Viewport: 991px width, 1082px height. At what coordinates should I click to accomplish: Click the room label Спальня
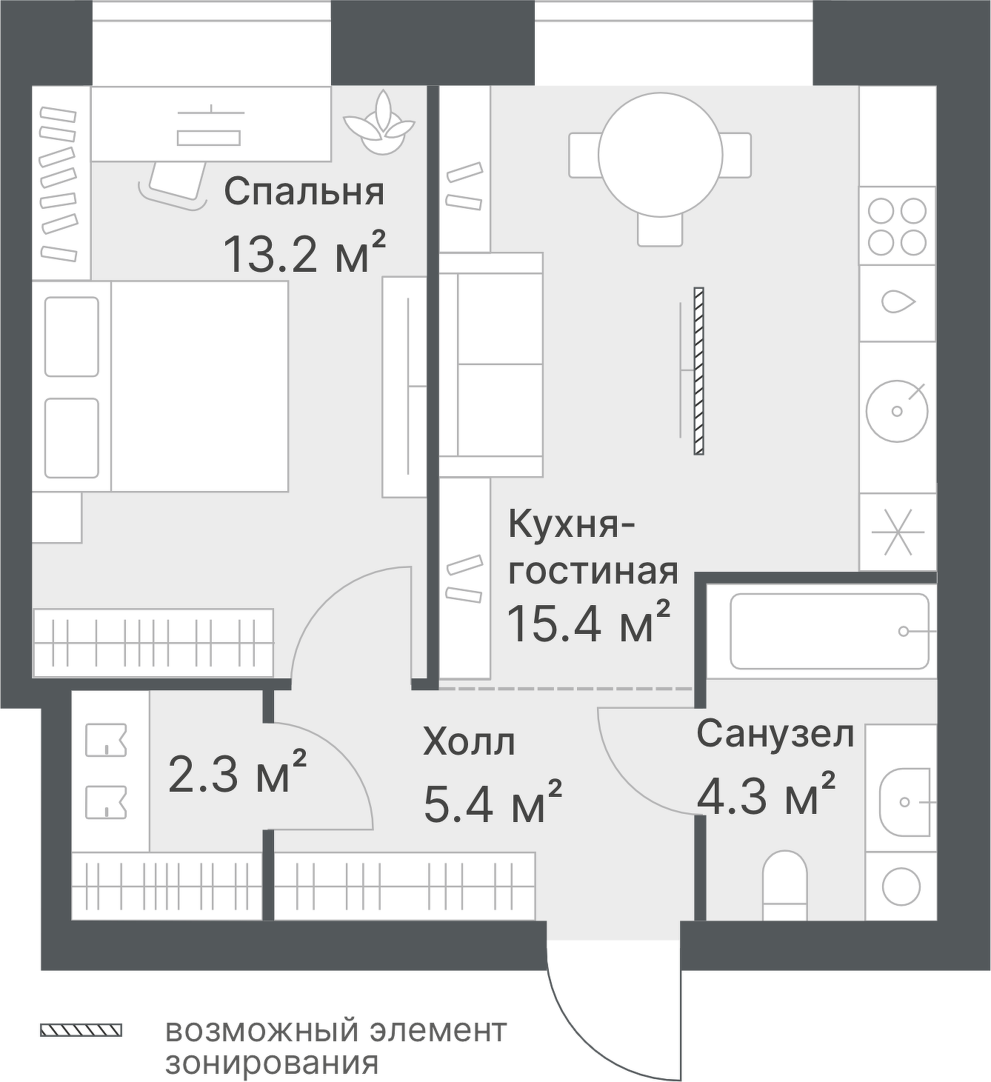[304, 192]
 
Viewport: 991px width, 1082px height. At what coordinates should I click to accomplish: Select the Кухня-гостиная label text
[593, 547]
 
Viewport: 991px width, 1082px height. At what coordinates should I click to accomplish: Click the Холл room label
[469, 743]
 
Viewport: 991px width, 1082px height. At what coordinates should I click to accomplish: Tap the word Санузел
[775, 735]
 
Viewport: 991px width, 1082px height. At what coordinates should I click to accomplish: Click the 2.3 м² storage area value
[237, 771]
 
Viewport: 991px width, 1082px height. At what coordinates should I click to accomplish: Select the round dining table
[661, 155]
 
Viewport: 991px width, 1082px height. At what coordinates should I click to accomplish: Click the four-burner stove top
[897, 227]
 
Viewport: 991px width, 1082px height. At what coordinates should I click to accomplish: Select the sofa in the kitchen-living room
[490, 365]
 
